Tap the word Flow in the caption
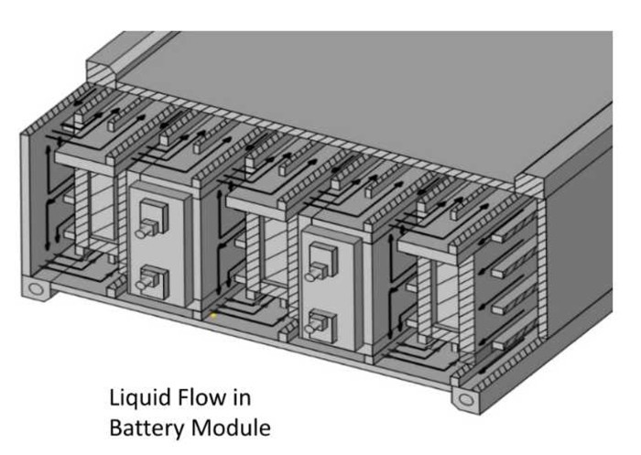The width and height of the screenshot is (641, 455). click(198, 397)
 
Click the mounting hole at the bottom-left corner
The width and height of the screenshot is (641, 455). click(37, 289)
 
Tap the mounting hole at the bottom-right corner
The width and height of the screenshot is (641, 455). click(465, 399)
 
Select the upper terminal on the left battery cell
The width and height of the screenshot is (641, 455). click(152, 219)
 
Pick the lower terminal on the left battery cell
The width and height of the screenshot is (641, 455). click(152, 282)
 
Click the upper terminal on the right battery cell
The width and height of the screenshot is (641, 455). click(322, 262)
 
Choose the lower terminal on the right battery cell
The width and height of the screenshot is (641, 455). click(322, 325)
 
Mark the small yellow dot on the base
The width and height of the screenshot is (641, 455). click(213, 315)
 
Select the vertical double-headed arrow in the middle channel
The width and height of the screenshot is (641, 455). click(219, 242)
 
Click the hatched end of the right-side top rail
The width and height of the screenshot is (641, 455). click(530, 187)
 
